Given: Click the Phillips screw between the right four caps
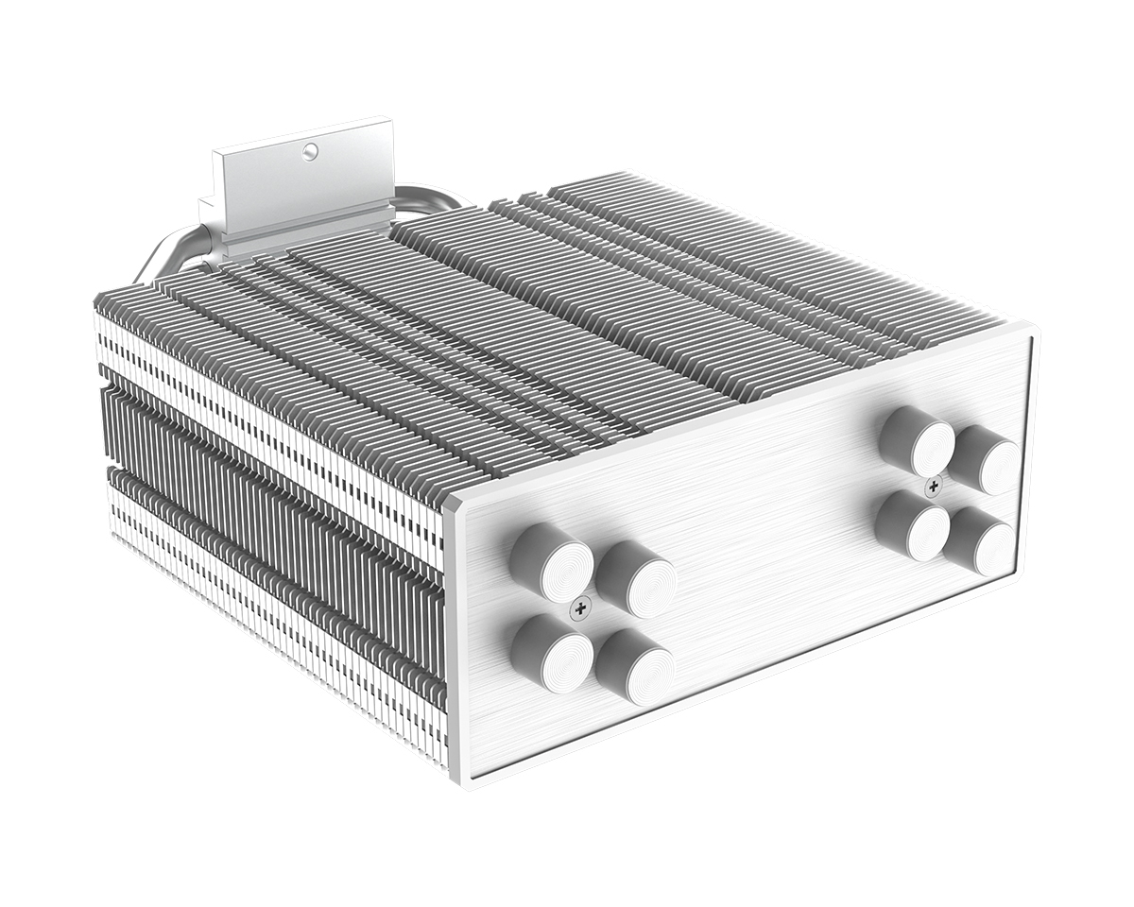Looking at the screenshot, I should [x=934, y=487].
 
